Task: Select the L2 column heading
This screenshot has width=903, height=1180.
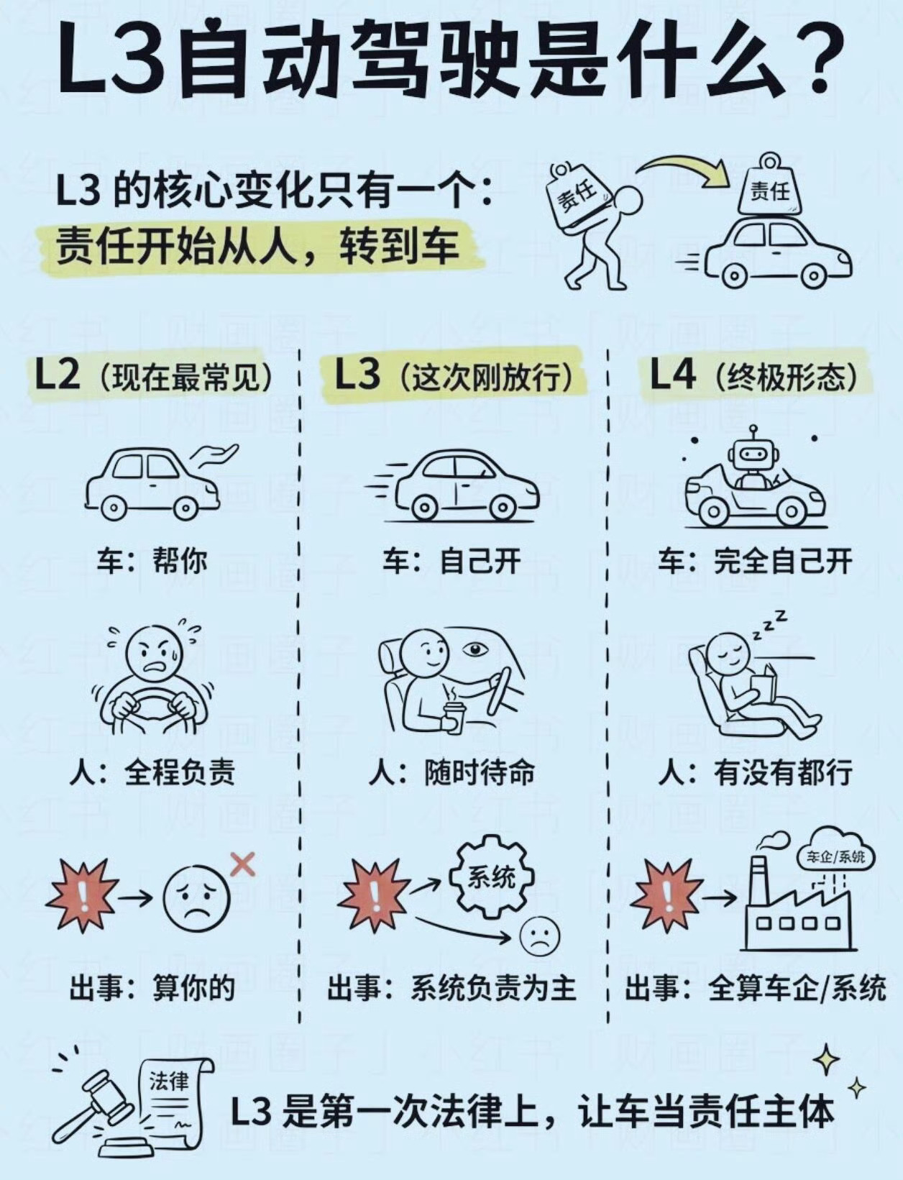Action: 153,375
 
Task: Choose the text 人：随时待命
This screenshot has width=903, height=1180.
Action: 451,772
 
